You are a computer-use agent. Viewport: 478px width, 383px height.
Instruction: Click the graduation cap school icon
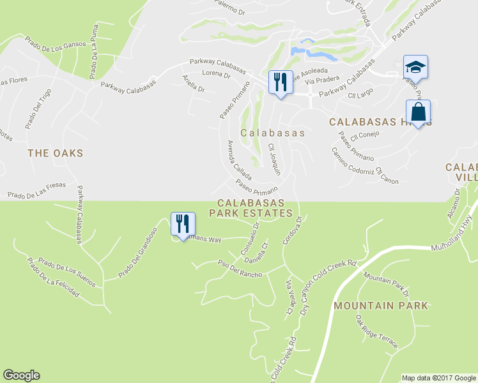point(415,66)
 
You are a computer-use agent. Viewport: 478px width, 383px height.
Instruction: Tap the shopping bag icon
point(418,112)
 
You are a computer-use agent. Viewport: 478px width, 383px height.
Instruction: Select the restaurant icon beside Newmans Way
point(182,224)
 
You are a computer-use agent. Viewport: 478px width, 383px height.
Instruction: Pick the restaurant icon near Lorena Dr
point(279,82)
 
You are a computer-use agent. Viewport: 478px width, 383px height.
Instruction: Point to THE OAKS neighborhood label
point(56,153)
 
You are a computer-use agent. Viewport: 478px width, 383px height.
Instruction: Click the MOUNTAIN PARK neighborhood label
point(380,306)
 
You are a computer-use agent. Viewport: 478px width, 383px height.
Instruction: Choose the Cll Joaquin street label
point(274,160)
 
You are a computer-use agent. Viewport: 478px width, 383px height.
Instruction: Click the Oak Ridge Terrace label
point(377,333)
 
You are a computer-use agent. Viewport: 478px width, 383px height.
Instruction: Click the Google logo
point(21,375)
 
